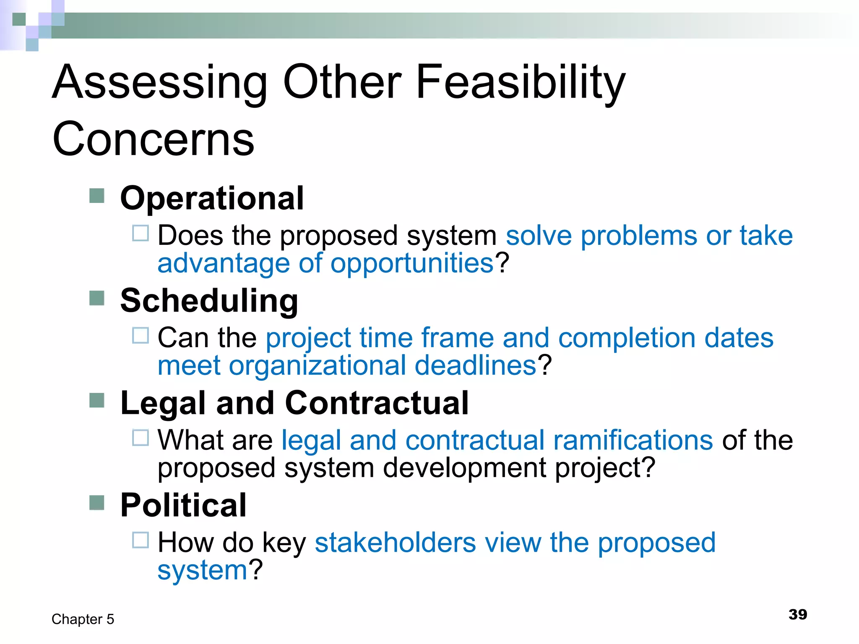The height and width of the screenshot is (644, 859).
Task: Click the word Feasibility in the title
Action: [520, 82]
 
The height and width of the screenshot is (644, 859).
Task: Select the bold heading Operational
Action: [212, 198]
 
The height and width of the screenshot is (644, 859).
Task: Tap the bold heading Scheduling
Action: [209, 301]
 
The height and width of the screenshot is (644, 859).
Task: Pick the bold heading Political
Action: [183, 505]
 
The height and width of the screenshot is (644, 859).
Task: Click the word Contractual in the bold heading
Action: [377, 403]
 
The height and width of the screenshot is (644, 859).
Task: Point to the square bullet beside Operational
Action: [97, 196]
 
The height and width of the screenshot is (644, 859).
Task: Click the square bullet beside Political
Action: [97, 503]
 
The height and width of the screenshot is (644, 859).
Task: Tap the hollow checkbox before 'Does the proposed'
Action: [141, 234]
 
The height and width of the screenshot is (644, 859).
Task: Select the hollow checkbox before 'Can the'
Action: [141, 336]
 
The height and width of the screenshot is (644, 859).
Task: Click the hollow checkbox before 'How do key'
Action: [141, 540]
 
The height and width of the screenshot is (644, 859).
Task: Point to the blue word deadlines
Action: [476, 366]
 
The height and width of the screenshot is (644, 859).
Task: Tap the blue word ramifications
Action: [633, 440]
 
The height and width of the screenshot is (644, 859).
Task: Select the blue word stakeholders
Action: [395, 543]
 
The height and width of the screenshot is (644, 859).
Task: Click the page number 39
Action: [797, 615]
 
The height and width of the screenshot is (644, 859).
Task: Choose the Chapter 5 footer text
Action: [83, 619]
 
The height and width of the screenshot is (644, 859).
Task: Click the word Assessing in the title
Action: [159, 82]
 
